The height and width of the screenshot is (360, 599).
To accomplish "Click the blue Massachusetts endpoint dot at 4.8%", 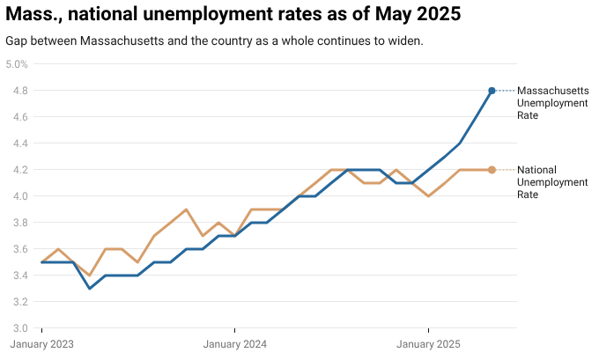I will click(x=492, y=91).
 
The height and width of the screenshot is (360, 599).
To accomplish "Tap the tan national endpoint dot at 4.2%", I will click(x=492, y=170).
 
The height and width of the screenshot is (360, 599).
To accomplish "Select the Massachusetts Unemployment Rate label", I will click(x=552, y=103).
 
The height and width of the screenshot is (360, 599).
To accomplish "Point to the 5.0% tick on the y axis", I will click(x=17, y=64).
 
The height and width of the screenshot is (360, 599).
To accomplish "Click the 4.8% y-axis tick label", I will click(x=17, y=91).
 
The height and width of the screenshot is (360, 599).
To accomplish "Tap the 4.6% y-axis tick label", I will click(x=17, y=117).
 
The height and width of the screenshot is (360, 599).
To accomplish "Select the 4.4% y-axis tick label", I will click(x=17, y=143).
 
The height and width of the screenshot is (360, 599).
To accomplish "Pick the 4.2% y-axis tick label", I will click(x=17, y=170).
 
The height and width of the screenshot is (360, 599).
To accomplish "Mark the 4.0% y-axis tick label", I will click(x=17, y=196).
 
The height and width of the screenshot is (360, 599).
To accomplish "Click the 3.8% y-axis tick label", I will click(x=17, y=223).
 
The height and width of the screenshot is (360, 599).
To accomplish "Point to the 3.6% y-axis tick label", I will click(x=17, y=249).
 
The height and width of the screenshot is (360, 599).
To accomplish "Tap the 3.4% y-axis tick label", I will click(x=17, y=276).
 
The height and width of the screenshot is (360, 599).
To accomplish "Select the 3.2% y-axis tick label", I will click(x=17, y=302).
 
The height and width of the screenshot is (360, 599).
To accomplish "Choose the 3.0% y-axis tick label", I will click(x=17, y=328).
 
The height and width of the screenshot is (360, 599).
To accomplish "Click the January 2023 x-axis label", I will click(x=42, y=344).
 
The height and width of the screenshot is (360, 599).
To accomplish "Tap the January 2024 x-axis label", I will click(x=235, y=344).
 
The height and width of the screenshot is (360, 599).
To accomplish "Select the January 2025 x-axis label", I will click(x=429, y=344).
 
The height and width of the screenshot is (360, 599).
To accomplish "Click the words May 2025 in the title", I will click(x=419, y=15).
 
